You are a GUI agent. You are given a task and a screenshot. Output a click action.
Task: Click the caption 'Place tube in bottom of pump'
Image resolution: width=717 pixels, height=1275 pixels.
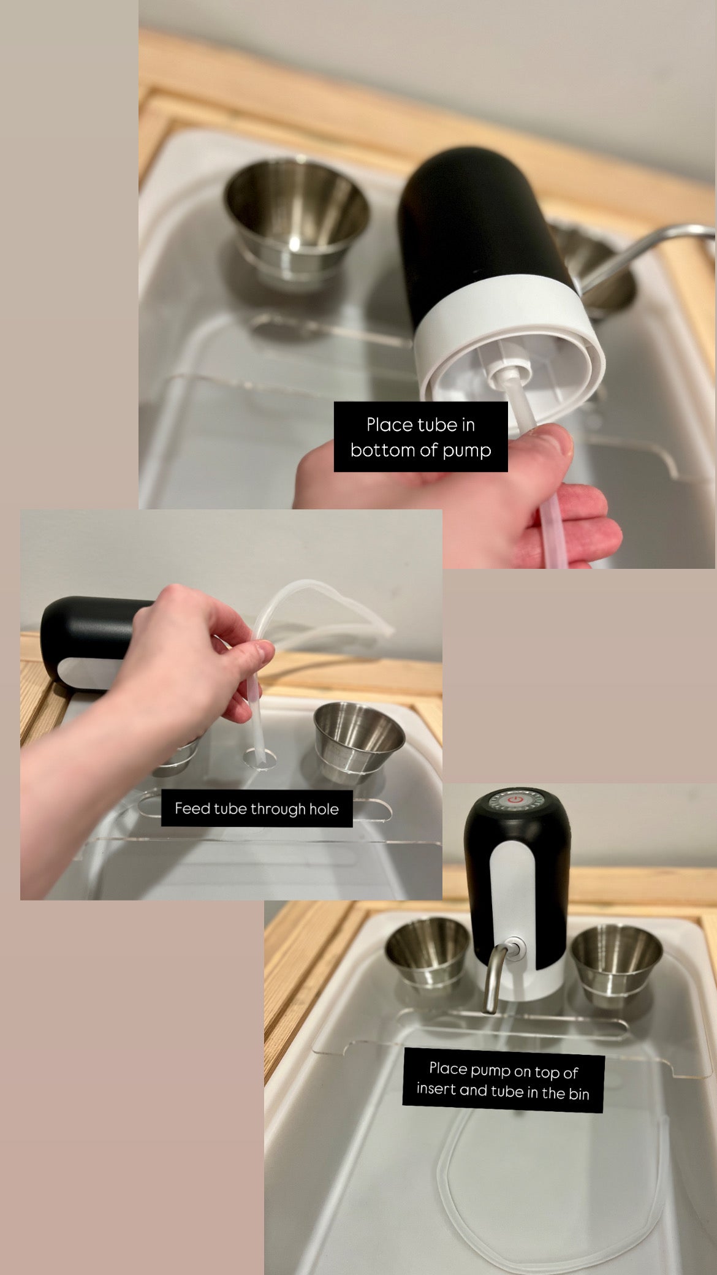[x=420, y=437]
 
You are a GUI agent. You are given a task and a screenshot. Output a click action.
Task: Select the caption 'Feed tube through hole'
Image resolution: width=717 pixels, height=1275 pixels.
[x=256, y=809]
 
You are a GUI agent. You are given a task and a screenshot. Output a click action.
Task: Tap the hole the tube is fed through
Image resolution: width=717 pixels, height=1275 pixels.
[x=259, y=759]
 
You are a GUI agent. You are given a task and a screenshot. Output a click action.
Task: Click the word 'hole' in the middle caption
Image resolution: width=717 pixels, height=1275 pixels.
[x=324, y=809]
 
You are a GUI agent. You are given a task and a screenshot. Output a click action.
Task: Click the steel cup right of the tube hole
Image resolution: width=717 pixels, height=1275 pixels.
[x=359, y=742]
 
